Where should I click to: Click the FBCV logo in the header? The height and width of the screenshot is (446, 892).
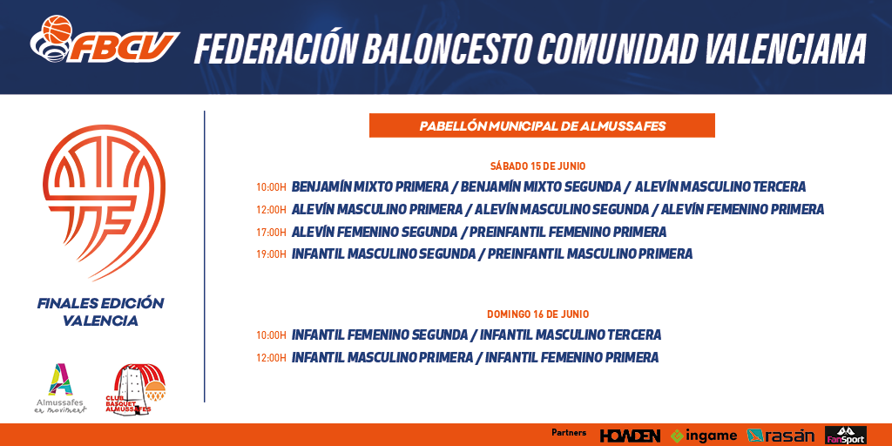coord(105,40)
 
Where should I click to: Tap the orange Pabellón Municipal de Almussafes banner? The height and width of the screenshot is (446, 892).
coord(542,125)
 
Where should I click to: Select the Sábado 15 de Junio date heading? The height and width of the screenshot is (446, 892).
coord(537,166)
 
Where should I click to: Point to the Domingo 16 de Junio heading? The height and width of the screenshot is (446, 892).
coord(537,314)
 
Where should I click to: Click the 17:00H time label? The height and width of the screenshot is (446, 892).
coord(271,233)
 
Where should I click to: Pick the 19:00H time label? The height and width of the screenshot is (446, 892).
coord(271,254)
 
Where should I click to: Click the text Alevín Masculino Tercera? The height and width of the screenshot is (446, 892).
coord(720,186)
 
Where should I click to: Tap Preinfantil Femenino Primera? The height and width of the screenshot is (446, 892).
coord(568,232)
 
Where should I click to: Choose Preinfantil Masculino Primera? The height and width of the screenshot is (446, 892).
coord(590,253)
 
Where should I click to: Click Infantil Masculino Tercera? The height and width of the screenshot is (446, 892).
coord(571,335)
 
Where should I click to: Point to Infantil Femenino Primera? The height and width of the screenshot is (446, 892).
coord(571,357)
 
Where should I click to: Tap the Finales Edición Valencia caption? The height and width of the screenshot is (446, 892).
coord(101,312)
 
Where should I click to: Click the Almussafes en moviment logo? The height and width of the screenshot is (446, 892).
coord(60,389)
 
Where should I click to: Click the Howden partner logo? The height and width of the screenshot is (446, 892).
coord(630,436)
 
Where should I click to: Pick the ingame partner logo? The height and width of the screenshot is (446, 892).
coord(703,436)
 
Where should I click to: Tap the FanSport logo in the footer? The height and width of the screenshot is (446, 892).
coord(846,436)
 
